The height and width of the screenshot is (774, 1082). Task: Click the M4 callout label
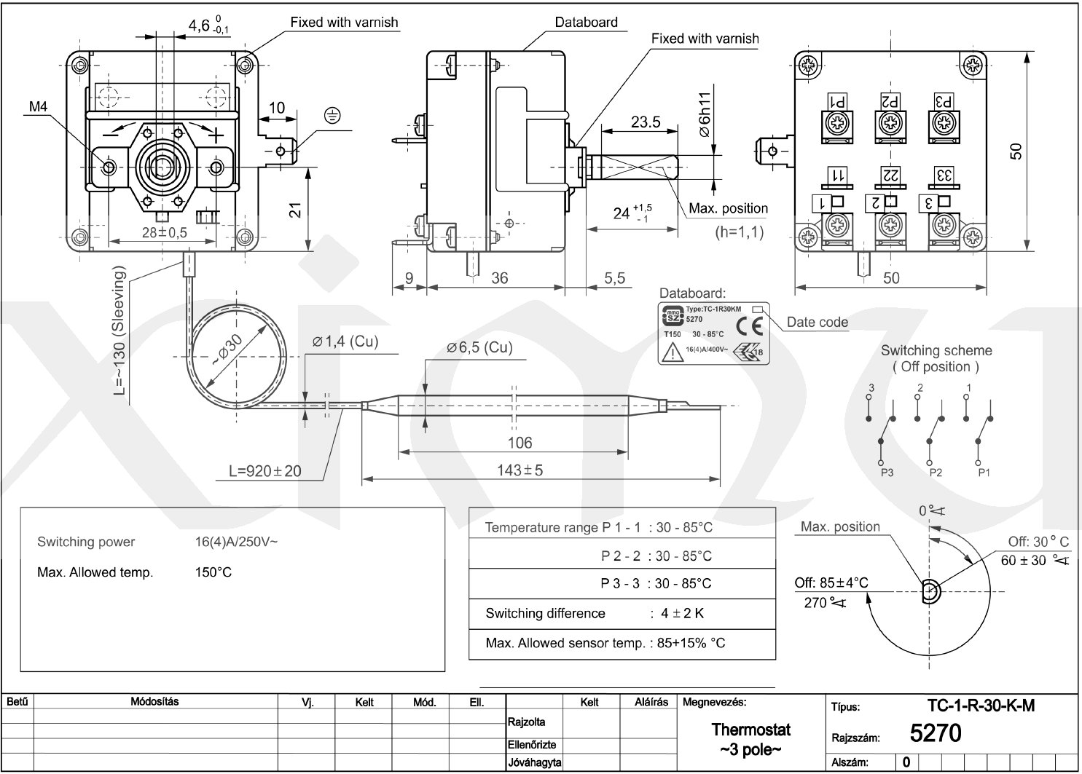click(38, 108)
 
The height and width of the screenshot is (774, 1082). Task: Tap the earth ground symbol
click(332, 115)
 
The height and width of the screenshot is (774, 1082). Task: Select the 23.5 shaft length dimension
click(646, 122)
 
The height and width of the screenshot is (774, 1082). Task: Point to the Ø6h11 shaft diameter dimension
click(704, 114)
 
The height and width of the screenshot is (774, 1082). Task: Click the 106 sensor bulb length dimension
click(519, 443)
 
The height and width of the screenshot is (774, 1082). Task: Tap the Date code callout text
click(818, 322)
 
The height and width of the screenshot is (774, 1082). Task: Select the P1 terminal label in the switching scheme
click(984, 473)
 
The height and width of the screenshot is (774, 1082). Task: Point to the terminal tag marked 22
click(889, 175)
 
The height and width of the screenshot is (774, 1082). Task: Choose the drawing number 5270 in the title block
click(936, 733)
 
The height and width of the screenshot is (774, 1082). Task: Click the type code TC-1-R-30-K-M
click(981, 706)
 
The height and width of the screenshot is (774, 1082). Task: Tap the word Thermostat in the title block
click(750, 730)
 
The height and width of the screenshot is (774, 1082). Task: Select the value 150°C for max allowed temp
click(213, 572)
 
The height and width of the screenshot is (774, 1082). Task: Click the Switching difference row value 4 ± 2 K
click(683, 613)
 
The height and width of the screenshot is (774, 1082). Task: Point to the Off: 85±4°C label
click(831, 583)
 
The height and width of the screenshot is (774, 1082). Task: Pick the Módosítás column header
click(154, 702)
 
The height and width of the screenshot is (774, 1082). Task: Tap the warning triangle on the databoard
click(670, 354)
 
